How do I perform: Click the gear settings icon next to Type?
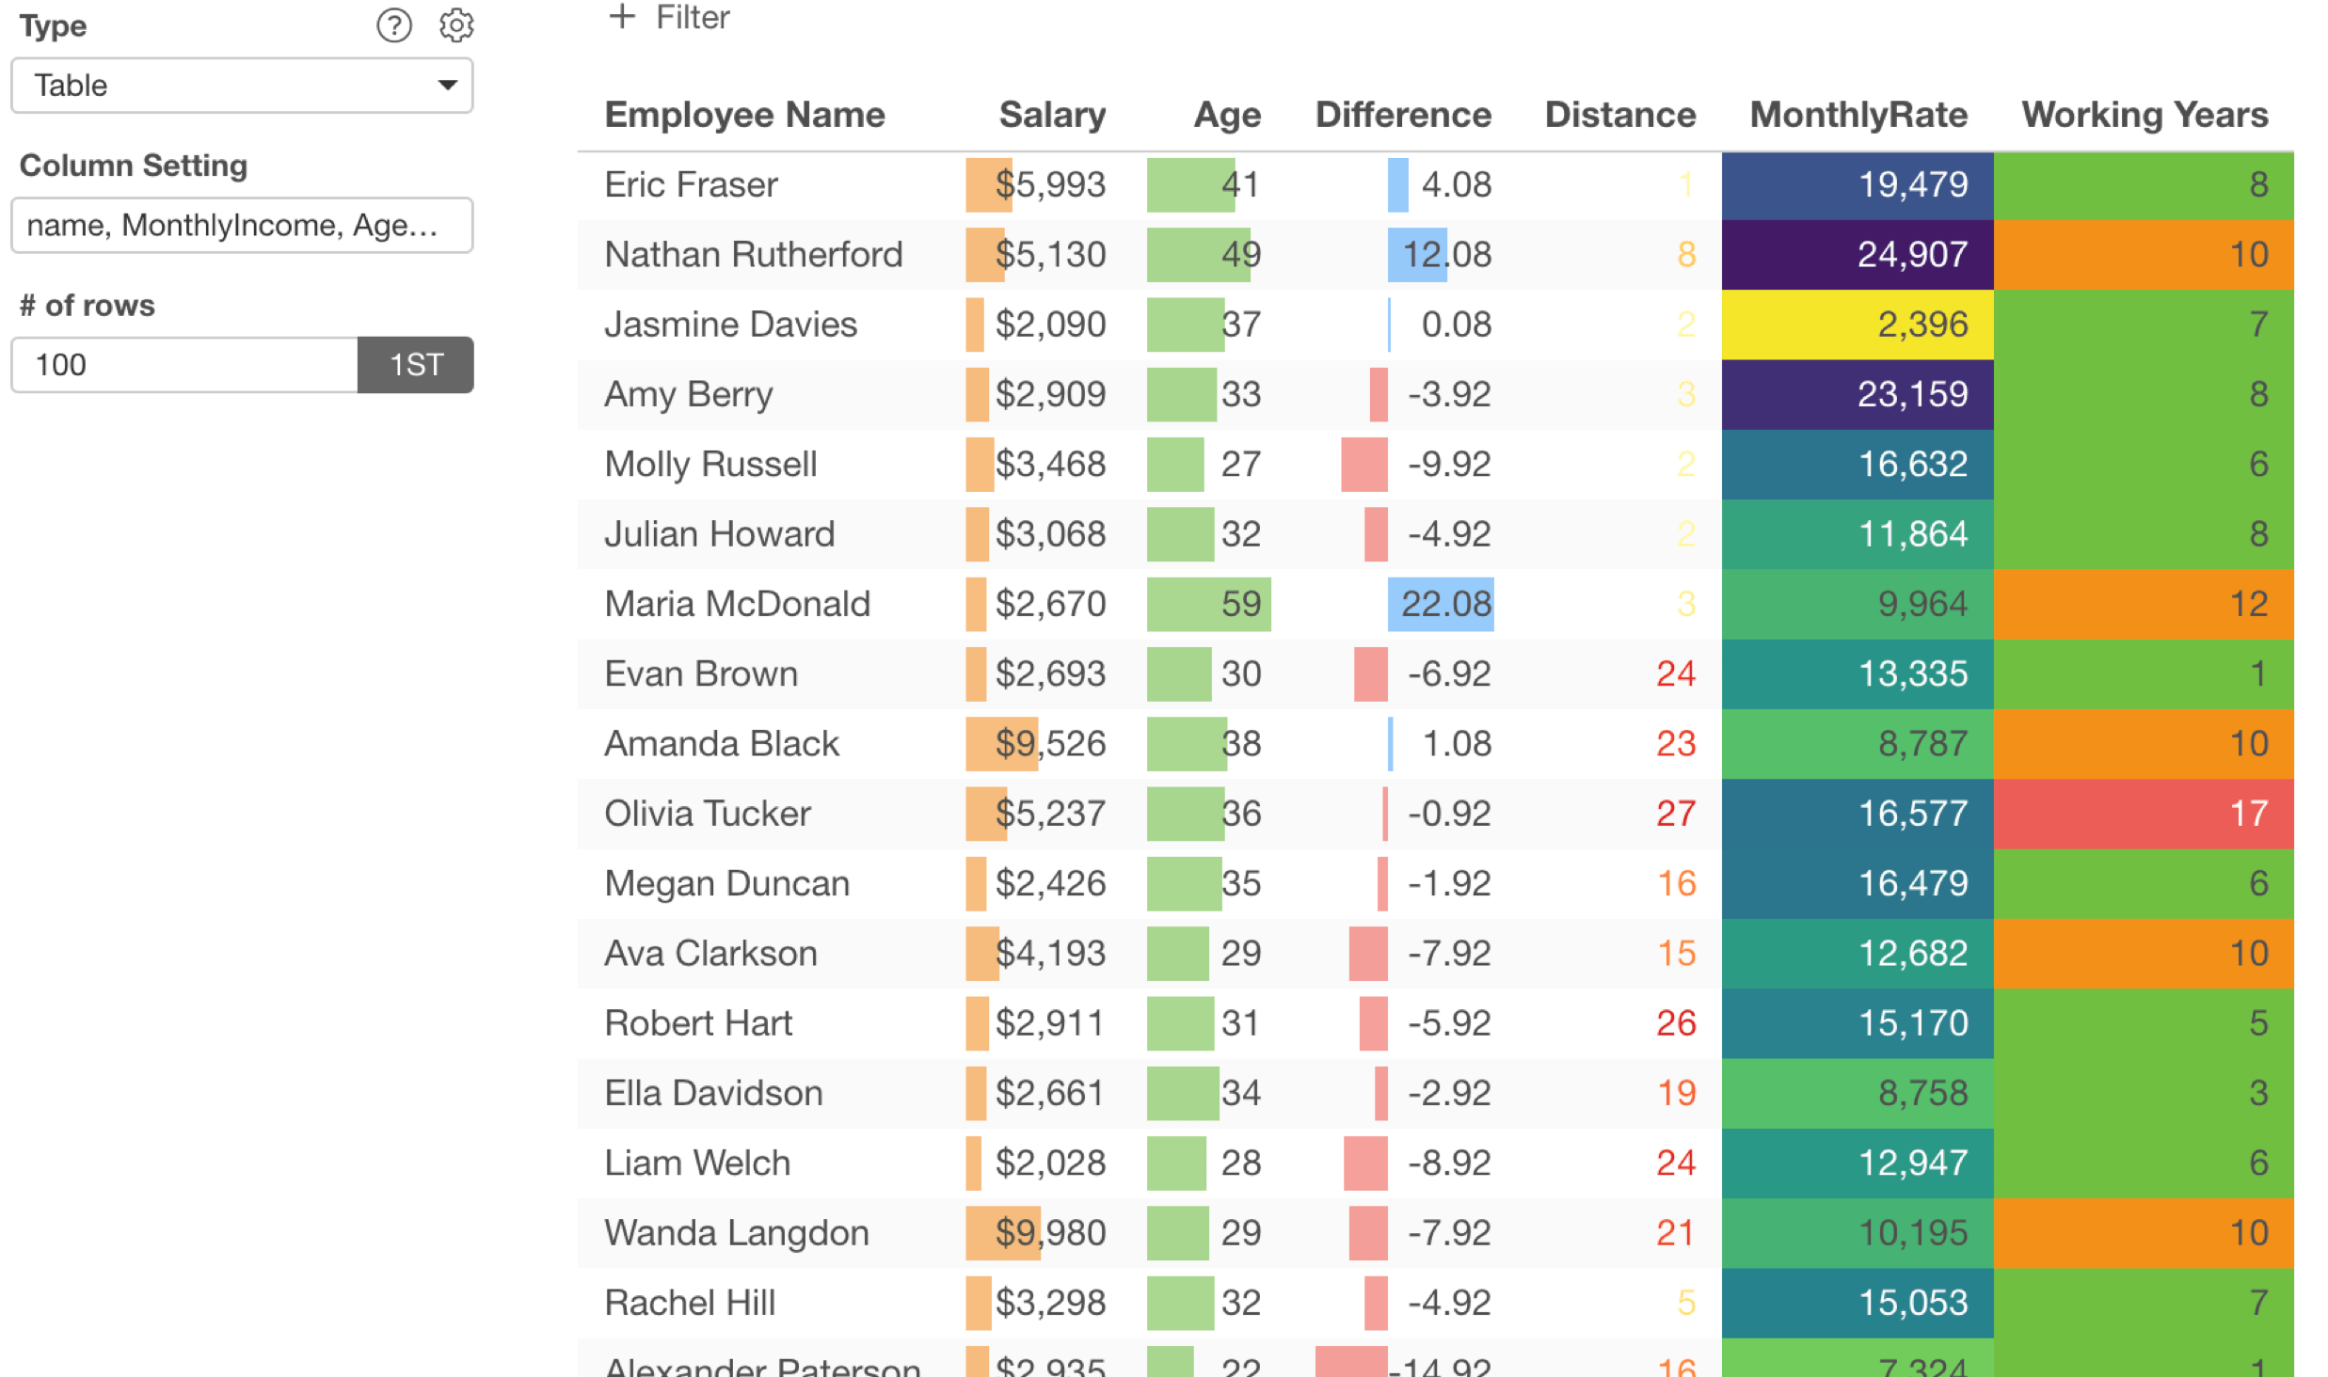(456, 25)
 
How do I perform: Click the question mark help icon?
(394, 25)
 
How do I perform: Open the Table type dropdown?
(242, 86)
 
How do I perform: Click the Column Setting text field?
(242, 226)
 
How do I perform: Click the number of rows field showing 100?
(184, 365)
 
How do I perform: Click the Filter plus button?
(668, 18)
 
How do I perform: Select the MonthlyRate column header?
(1858, 115)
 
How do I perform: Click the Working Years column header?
(2144, 115)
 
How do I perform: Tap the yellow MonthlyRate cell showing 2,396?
(1858, 324)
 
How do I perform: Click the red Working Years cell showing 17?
(2144, 814)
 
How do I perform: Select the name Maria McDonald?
(737, 604)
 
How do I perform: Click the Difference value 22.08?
(1445, 604)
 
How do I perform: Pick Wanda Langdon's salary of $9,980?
(1049, 1233)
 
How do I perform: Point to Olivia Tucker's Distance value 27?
(1675, 814)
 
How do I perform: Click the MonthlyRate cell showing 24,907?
(1858, 255)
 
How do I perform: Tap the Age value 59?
(1240, 604)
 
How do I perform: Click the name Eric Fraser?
(691, 185)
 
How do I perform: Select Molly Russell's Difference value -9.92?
(1448, 465)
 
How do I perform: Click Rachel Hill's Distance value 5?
(1685, 1303)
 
